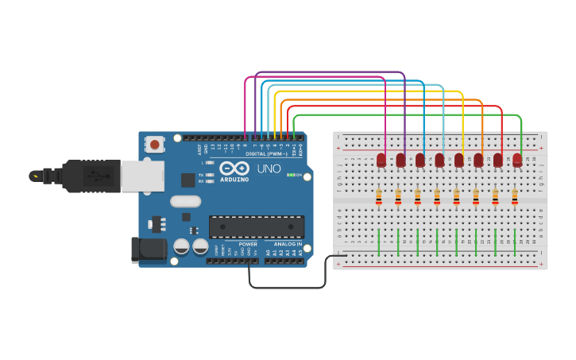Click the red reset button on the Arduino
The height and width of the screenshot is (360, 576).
154,145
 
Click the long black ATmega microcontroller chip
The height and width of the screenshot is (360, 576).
256,226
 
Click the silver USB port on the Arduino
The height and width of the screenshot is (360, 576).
143,176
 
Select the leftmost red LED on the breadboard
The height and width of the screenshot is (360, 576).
381,161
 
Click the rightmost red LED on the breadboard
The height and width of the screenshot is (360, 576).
518,161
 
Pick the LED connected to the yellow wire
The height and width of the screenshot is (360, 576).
459,161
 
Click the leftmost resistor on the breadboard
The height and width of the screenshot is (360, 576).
378,195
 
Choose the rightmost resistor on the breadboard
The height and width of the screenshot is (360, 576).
515,195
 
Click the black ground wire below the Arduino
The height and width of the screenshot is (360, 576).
286,287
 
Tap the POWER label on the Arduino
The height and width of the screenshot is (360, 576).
248,244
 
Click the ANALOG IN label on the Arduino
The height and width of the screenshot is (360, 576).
288,244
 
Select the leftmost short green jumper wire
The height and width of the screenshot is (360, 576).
378,242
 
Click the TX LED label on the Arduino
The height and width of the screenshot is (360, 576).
201,174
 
